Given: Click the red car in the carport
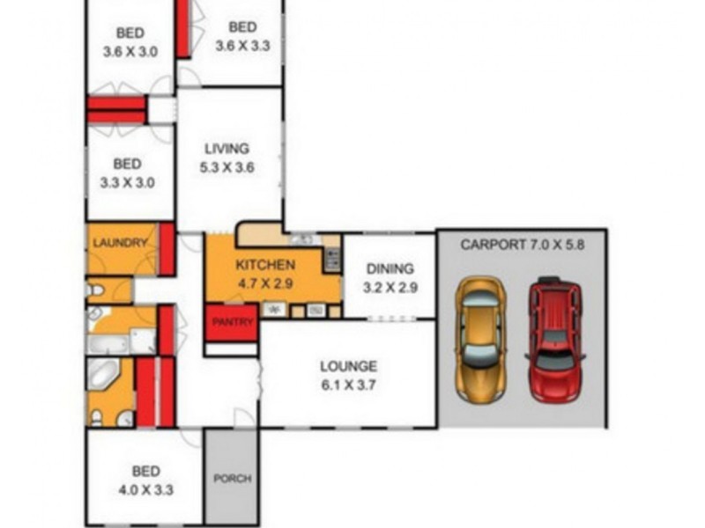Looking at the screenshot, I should [554, 340].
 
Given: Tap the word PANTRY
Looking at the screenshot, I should [232, 323].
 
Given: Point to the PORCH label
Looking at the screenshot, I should [233, 479].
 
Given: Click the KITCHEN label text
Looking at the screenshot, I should [265, 265].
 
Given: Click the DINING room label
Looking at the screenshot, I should [389, 269].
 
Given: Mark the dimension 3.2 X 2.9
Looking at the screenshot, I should [389, 287].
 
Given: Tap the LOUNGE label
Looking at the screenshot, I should [348, 366].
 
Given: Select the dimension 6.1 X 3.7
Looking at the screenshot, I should [348, 384].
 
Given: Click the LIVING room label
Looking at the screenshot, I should [227, 149].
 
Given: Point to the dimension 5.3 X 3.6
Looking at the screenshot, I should [227, 166].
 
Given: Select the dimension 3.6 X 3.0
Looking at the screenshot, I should [130, 52].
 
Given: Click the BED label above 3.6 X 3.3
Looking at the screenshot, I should [242, 27].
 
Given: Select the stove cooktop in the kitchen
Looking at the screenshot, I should [331, 258].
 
